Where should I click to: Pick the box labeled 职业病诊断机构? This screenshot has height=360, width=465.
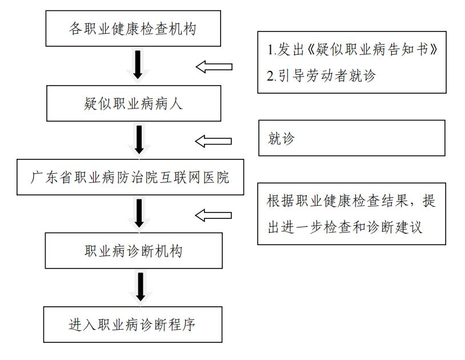[x=134, y=251]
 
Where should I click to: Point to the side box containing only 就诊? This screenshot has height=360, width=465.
[x=351, y=138]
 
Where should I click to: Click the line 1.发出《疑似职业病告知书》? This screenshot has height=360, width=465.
[x=352, y=50]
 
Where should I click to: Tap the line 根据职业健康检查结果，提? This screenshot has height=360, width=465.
[x=352, y=202]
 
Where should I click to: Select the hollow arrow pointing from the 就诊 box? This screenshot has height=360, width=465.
[x=214, y=141]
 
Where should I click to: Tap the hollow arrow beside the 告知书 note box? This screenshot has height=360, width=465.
[x=214, y=67]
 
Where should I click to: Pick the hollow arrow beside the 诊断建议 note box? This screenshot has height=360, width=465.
[x=214, y=215]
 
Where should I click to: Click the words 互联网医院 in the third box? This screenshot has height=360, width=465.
[x=203, y=178]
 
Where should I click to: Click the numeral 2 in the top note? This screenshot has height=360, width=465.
[x=271, y=75]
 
